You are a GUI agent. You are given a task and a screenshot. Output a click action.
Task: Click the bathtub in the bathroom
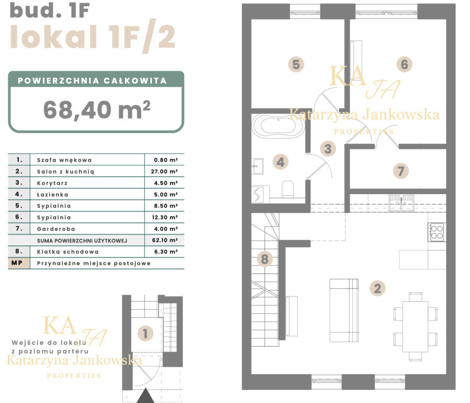point(278,126)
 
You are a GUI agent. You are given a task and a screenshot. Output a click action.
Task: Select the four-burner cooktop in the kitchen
point(437,232)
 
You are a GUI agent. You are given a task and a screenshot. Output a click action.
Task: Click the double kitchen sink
point(401,203)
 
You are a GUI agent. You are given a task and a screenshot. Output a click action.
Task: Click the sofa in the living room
point(344,311)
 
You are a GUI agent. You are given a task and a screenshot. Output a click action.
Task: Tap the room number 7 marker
point(401,171)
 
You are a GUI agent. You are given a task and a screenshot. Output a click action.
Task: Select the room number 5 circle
point(296,65)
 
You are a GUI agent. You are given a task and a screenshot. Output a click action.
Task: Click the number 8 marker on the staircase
point(265,259)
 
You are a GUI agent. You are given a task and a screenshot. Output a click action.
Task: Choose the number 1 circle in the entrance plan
point(145,334)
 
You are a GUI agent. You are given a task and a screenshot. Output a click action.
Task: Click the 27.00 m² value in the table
point(164,172)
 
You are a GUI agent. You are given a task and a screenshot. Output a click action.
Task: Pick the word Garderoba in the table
point(56,229)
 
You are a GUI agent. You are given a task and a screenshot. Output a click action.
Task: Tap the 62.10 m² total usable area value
point(164,240)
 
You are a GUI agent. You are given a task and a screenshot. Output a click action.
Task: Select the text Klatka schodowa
point(68,252)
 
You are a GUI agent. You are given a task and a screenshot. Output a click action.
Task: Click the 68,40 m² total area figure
point(97,110)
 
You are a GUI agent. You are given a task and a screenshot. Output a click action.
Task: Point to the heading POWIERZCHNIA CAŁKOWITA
point(92,80)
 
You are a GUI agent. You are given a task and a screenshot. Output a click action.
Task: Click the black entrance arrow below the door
point(145,396)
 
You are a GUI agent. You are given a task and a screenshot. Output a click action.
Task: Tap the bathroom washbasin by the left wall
point(257,166)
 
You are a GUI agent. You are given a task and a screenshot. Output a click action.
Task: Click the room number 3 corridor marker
point(328,149)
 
